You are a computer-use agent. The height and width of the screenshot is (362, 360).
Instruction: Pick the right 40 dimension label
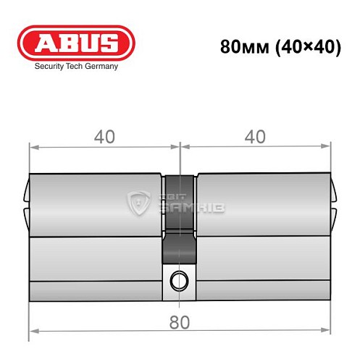click(x=255, y=138)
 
